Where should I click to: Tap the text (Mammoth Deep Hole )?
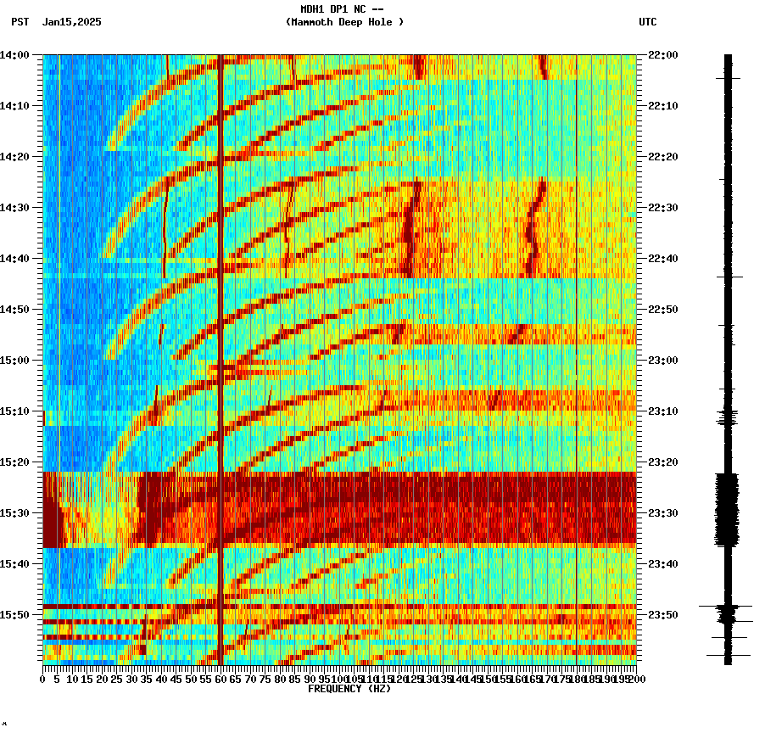(344, 22)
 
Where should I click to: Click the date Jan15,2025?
(71, 22)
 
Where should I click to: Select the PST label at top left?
(20, 22)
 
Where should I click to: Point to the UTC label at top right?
(647, 22)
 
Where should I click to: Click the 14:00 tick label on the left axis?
(15, 55)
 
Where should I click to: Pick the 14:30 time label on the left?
(15, 208)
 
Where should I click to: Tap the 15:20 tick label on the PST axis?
(15, 462)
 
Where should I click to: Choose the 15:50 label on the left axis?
(15, 615)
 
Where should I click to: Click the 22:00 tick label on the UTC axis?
(663, 55)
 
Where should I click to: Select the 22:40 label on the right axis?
(663, 259)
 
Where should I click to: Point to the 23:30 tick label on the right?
(663, 513)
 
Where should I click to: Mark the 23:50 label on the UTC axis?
(663, 615)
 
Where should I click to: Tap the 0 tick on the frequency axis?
(43, 680)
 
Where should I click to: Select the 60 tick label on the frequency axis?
(221, 680)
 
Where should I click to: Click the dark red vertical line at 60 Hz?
(221, 339)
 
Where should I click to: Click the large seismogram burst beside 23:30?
(727, 509)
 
